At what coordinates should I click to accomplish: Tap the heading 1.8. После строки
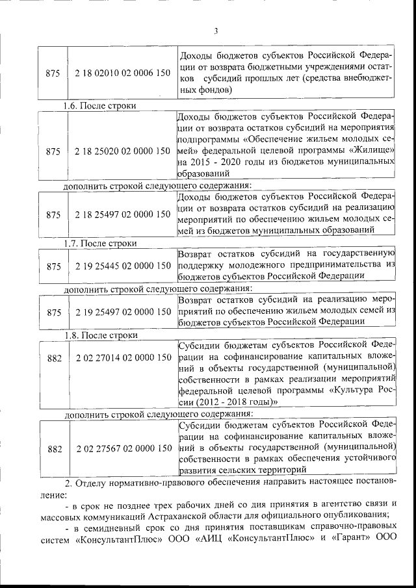pos(100,335)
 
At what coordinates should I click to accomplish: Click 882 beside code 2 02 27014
pos(55,358)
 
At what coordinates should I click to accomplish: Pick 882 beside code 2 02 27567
pos(55,449)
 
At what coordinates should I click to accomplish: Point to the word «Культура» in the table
pos(352,391)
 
